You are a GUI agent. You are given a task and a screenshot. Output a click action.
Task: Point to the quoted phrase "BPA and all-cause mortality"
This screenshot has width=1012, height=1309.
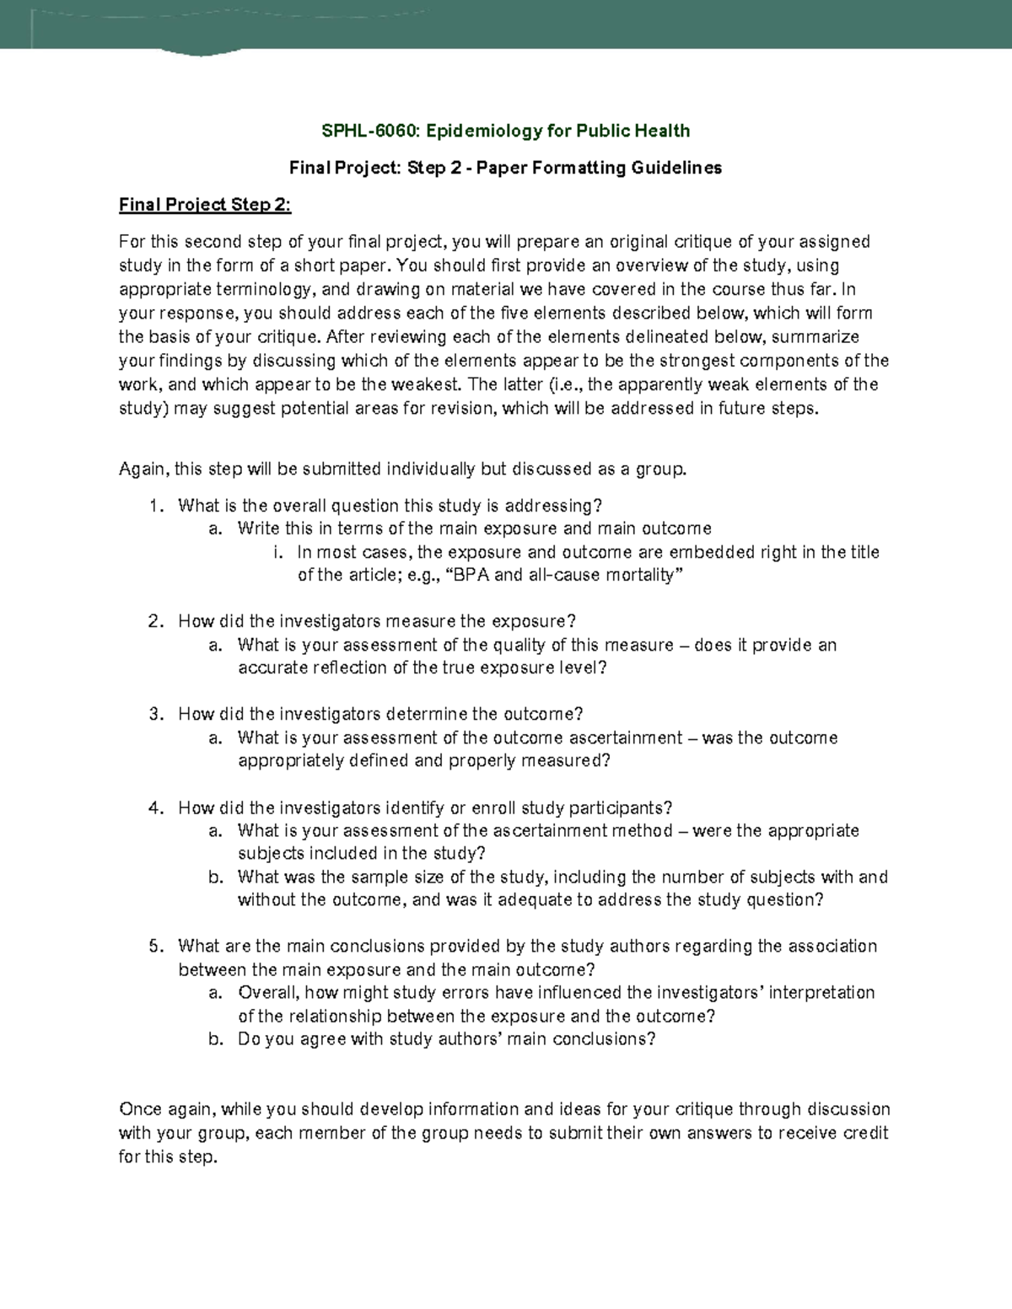coord(563,576)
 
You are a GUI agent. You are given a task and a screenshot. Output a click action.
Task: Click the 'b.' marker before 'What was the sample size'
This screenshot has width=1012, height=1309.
coord(216,877)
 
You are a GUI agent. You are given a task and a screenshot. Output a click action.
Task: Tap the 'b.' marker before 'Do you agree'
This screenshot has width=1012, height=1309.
coord(216,1039)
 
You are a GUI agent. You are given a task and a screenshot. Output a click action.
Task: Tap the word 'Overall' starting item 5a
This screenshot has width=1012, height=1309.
coord(267,993)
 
